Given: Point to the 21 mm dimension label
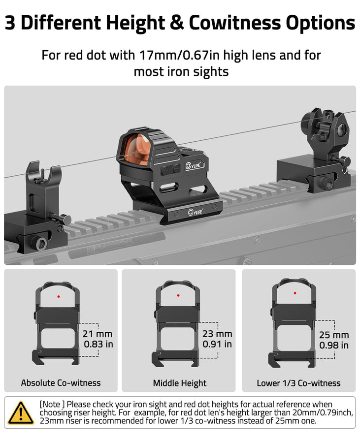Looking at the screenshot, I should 98,334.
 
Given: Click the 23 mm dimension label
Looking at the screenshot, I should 217,334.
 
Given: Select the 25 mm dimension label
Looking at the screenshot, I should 334,335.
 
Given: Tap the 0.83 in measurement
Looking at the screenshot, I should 98,344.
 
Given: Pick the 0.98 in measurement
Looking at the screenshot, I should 334,346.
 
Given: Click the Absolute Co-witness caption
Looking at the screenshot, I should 61,382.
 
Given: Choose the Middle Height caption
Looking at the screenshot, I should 180,383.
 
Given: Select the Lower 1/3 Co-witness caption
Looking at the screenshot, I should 298,383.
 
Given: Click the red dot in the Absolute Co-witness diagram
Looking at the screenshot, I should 59,296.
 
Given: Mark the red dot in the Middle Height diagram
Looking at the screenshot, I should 178,296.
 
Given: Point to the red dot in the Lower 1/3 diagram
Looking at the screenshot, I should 295,293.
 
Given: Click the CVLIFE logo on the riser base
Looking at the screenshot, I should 196,213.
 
